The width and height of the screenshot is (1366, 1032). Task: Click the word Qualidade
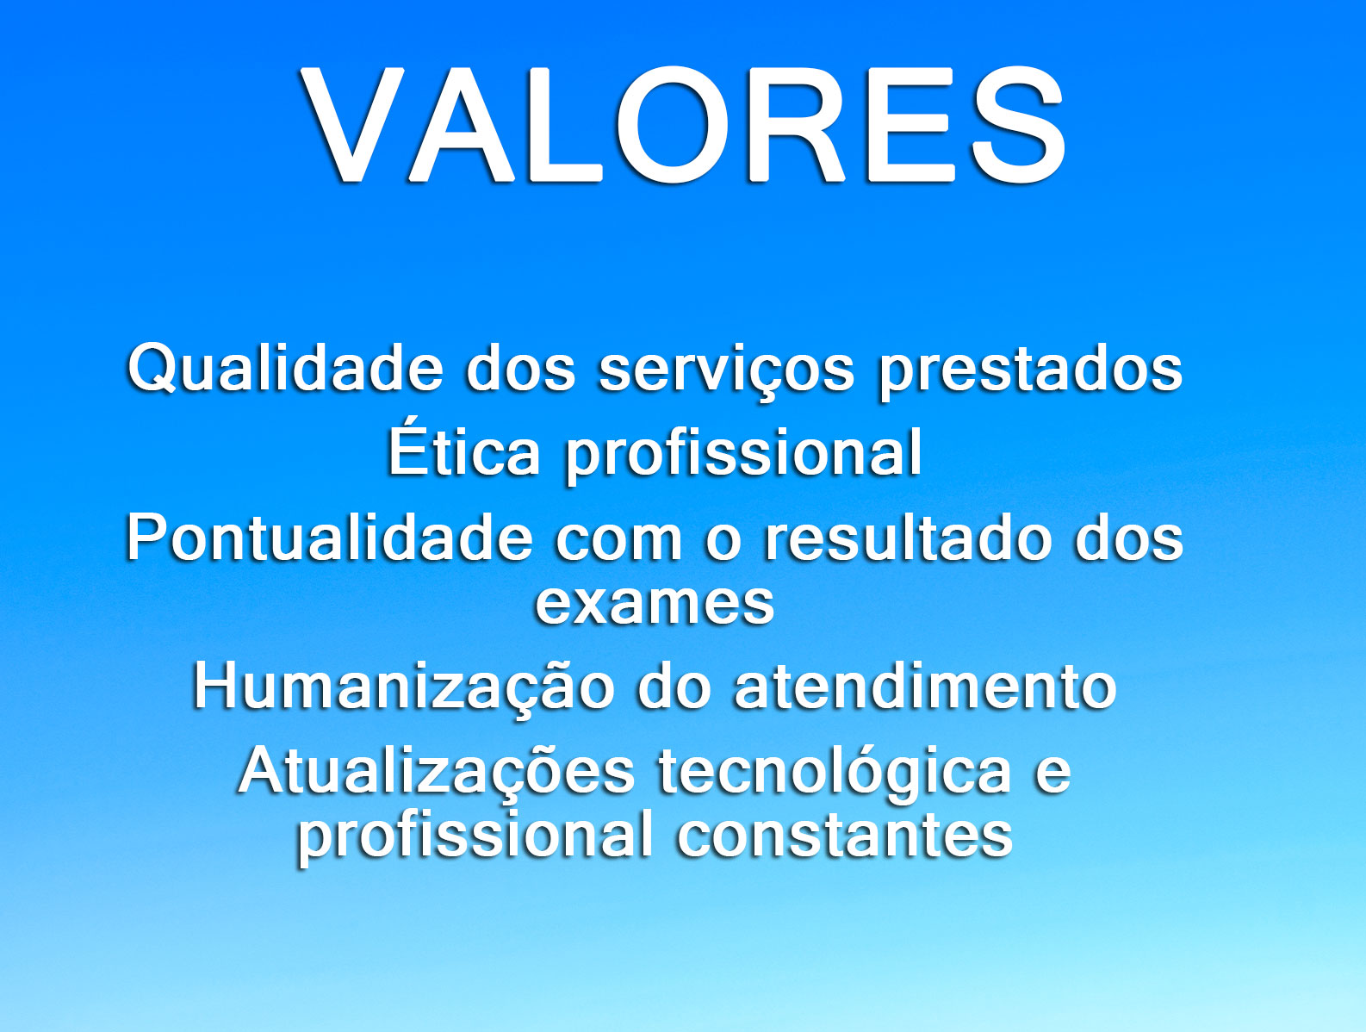pyautogui.click(x=284, y=368)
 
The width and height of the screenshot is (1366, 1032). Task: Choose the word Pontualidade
pyautogui.click(x=329, y=538)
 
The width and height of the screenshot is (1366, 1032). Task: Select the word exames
pyautogui.click(x=655, y=604)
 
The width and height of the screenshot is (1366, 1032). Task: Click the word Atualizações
pyautogui.click(x=436, y=771)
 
